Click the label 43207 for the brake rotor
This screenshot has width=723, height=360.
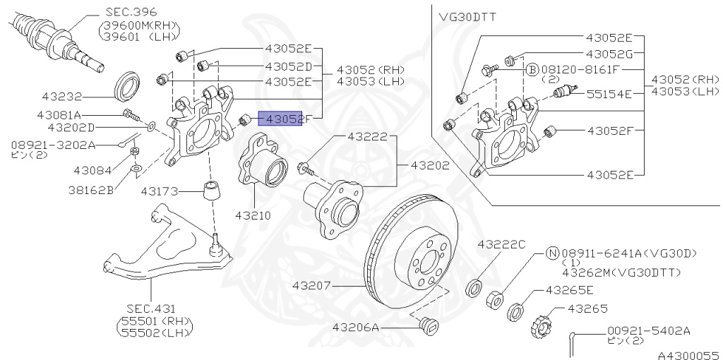click(312, 286)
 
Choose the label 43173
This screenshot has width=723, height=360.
click(160, 191)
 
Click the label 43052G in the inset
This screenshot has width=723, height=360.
click(609, 54)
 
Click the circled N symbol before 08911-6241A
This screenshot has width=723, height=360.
click(553, 252)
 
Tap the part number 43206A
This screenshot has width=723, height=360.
click(357, 328)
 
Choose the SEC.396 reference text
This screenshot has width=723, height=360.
click(131, 12)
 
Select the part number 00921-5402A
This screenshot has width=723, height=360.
click(648, 330)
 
